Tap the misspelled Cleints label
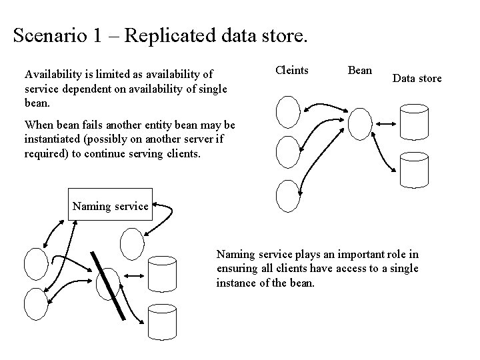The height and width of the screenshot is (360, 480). pyautogui.click(x=292, y=70)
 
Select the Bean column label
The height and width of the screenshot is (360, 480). pyautogui.click(x=360, y=70)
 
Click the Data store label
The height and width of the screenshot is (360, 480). pyautogui.click(x=417, y=79)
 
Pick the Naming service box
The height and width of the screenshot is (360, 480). pyautogui.click(x=110, y=206)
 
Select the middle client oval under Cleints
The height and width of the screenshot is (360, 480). pyautogui.click(x=287, y=151)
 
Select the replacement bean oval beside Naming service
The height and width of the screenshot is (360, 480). pyautogui.click(x=132, y=245)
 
